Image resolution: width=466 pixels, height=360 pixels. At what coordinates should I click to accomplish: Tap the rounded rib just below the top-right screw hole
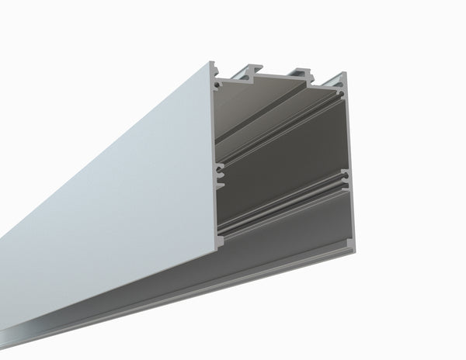[x=341, y=101]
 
